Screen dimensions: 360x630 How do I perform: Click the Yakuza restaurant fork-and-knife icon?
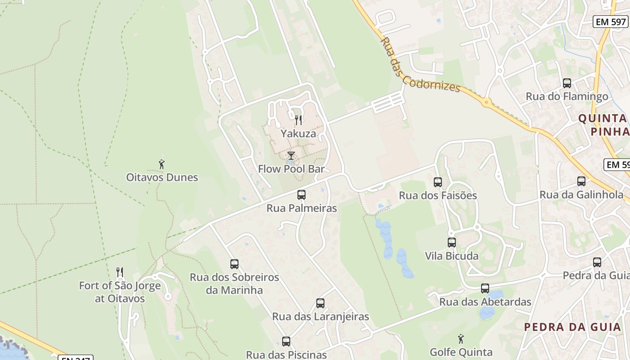pos(298,120)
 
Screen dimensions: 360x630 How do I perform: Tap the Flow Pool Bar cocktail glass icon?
pos(291,156)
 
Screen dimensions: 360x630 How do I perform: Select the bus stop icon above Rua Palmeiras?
pos(301,195)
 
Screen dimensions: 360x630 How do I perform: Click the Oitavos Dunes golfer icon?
pos(162,164)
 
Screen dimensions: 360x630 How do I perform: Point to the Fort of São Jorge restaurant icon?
pos(120,272)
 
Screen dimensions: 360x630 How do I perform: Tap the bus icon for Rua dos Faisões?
pos(438,182)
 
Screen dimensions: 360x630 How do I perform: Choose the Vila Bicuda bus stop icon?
pos(452,243)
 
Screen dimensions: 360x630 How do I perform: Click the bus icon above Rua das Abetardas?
pos(485,288)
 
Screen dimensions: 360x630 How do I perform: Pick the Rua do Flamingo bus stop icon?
pos(567,83)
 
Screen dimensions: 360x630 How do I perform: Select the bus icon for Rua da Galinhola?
pos(581,181)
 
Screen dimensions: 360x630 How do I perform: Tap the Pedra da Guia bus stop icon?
pos(597,262)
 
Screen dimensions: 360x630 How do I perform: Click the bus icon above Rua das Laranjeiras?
pos(320,303)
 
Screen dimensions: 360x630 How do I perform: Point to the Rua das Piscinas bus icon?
pos(286,342)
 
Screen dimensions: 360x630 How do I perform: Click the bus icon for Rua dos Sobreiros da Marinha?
pos(234,264)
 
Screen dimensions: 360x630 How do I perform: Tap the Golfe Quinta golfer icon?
pos(461,339)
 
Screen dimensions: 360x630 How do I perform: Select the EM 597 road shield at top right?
pos(611,21)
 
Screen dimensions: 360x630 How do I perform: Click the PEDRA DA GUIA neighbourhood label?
pos(573,327)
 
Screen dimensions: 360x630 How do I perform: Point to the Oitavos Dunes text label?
pos(162,177)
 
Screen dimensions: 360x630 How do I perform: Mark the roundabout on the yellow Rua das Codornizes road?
pos(486,102)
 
